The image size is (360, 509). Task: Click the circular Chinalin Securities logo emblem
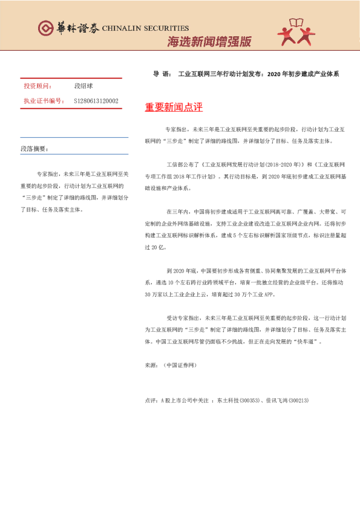[x=45, y=28]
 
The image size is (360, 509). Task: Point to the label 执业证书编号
[x=42, y=101]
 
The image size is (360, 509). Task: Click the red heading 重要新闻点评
[x=174, y=108]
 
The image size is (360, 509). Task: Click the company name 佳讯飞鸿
[x=276, y=400]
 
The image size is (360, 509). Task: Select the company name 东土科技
[x=226, y=400]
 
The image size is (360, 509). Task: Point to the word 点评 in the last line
[x=151, y=400]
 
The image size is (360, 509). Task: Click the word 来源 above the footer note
[x=151, y=366]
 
